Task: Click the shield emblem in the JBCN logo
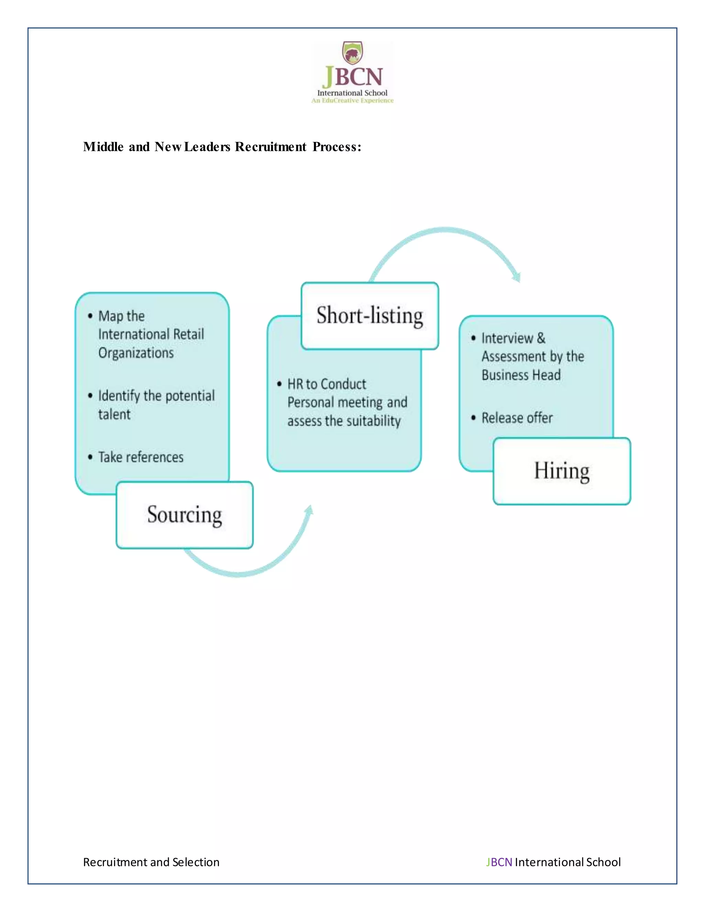tap(352, 53)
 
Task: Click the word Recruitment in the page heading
tap(270, 147)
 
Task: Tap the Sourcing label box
tap(184, 515)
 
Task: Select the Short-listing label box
tap(370, 316)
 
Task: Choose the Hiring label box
tap(561, 471)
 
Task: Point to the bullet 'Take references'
tap(141, 457)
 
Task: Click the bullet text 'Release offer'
tap(517, 418)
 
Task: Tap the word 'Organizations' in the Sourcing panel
tap(136, 353)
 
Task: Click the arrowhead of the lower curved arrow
tap(309, 510)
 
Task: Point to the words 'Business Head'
tap(521, 375)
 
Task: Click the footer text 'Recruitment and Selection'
tap(151, 862)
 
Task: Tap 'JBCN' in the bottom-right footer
tap(499, 862)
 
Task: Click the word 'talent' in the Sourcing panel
tap(114, 414)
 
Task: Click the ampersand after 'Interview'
tap(541, 338)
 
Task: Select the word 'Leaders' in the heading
tap(207, 147)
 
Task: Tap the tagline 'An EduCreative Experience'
tap(352, 100)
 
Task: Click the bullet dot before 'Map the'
tap(90, 316)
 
